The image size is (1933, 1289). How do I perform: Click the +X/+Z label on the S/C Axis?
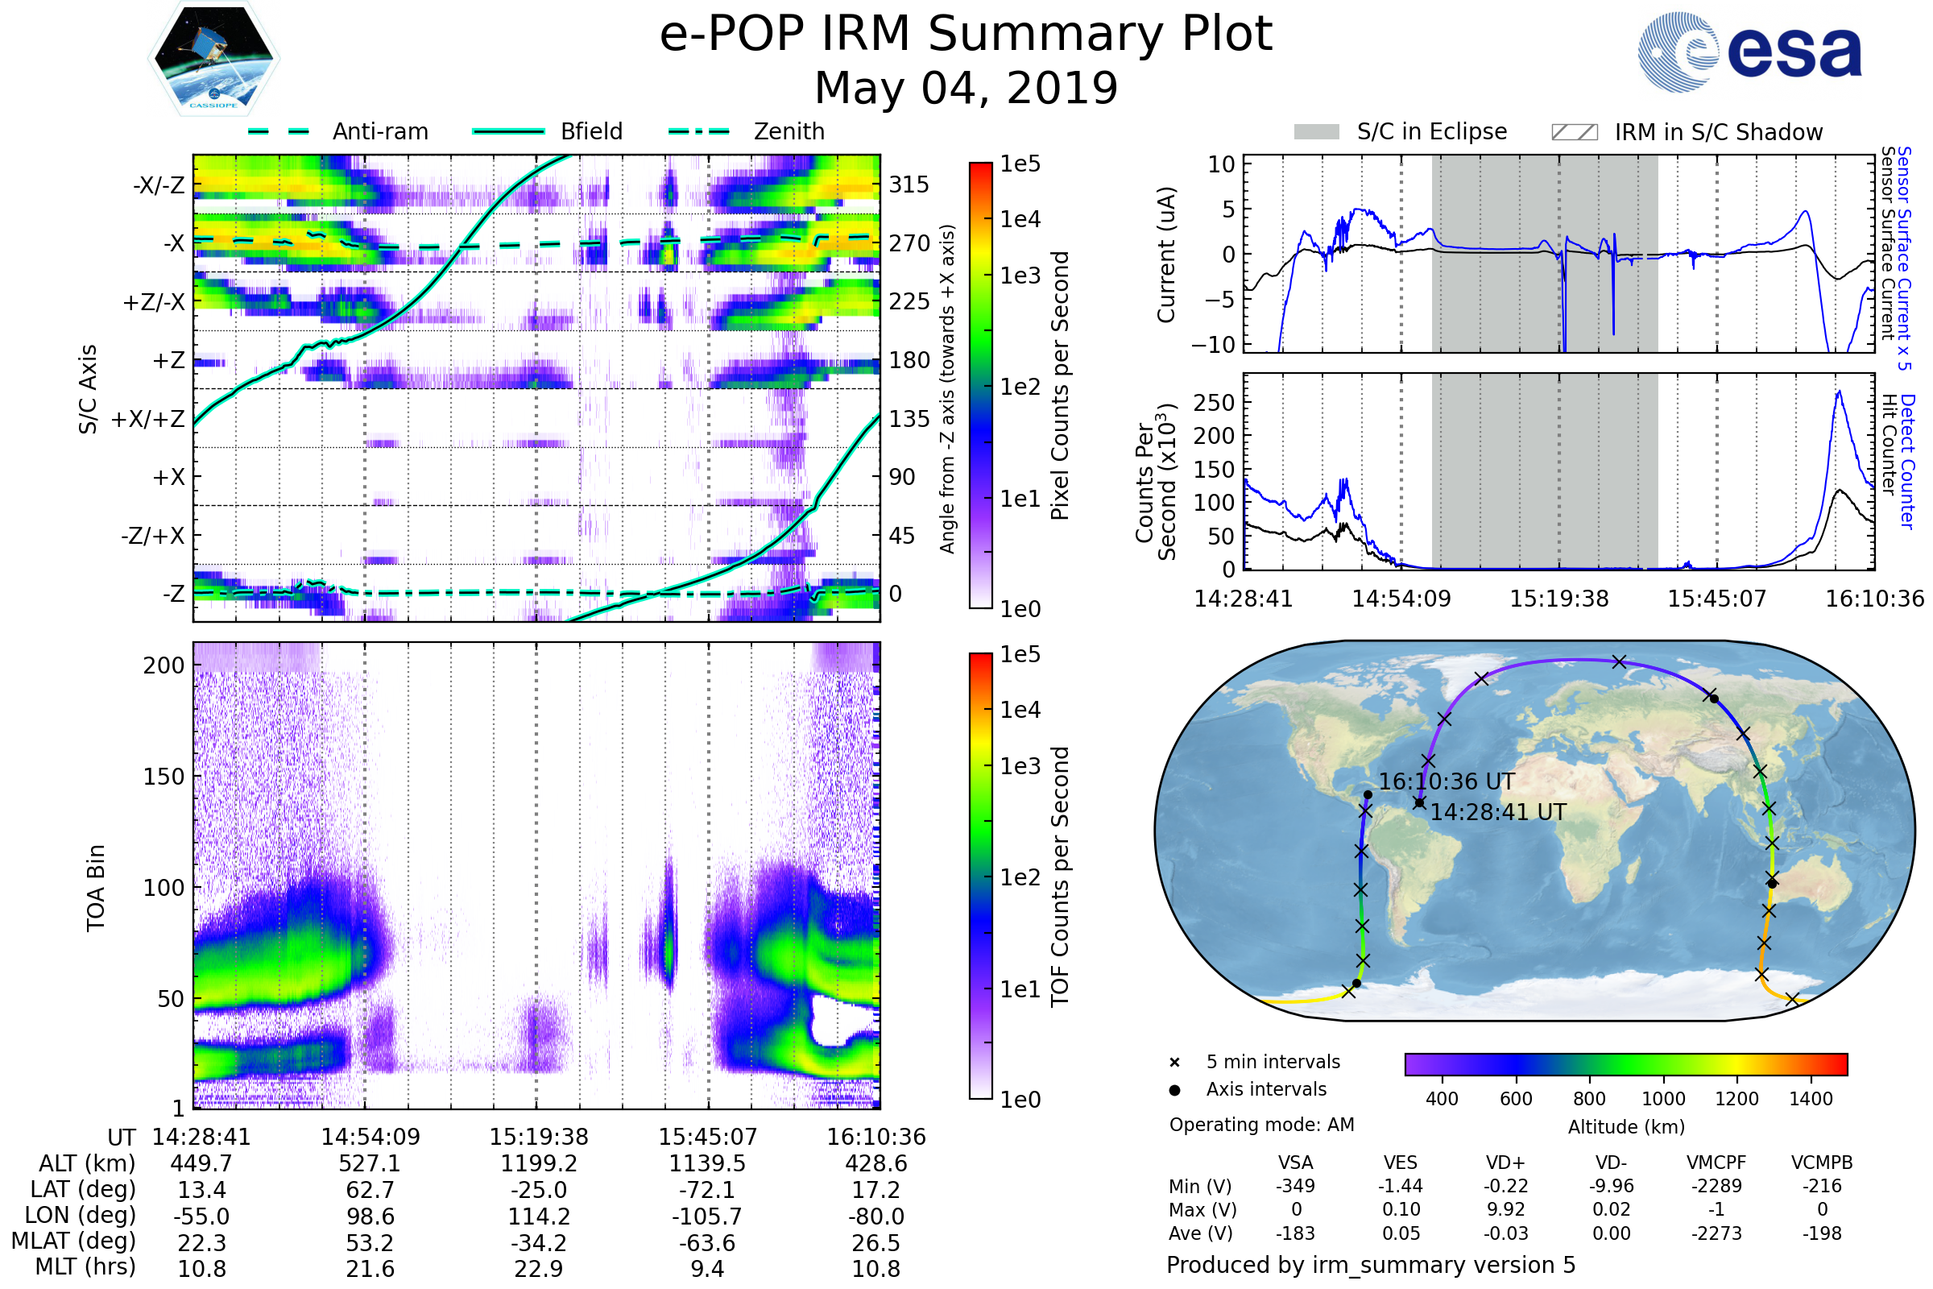point(148,419)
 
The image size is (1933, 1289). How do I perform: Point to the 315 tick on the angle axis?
point(909,185)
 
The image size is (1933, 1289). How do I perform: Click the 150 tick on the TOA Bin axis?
point(163,777)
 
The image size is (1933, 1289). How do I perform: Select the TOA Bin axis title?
point(96,887)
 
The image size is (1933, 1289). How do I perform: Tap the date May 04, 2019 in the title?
point(966,88)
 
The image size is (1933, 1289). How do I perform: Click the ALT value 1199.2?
point(538,1163)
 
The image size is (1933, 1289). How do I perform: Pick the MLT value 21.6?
point(370,1268)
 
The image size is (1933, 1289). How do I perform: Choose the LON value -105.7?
point(707,1216)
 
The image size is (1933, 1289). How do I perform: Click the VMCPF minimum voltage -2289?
point(1716,1186)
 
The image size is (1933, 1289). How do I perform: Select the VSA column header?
point(1295,1163)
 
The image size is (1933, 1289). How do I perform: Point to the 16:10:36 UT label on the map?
point(1447,781)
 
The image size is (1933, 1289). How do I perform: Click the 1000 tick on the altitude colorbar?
point(1662,1099)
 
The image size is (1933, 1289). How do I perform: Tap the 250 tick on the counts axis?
point(1214,403)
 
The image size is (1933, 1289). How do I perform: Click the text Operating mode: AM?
point(1261,1125)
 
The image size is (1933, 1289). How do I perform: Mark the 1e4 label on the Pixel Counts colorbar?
point(1020,219)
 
